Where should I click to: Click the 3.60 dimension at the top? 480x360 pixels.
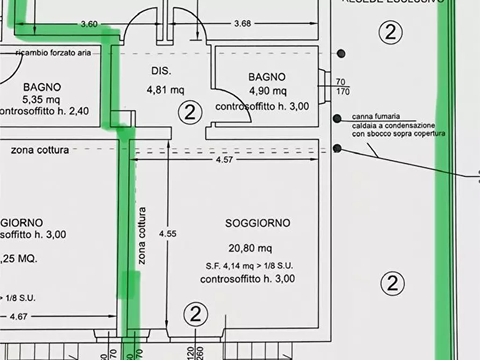[x=89, y=24]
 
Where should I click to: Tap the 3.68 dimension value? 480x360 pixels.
[x=242, y=24]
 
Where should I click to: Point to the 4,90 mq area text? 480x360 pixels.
[x=267, y=91]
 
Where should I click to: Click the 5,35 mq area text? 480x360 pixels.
[x=42, y=99]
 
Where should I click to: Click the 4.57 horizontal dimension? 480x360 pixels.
[x=227, y=160]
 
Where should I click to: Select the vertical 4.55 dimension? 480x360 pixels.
[x=168, y=234]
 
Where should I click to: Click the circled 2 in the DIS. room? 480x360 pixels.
[x=190, y=113]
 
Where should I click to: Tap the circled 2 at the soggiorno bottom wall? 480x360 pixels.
[x=196, y=314]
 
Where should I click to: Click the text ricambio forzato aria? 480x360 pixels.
[x=58, y=53]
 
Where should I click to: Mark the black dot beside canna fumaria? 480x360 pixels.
[x=337, y=118]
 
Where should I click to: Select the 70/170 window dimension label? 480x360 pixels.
[x=342, y=87]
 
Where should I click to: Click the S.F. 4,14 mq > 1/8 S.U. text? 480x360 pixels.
[x=249, y=265]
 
